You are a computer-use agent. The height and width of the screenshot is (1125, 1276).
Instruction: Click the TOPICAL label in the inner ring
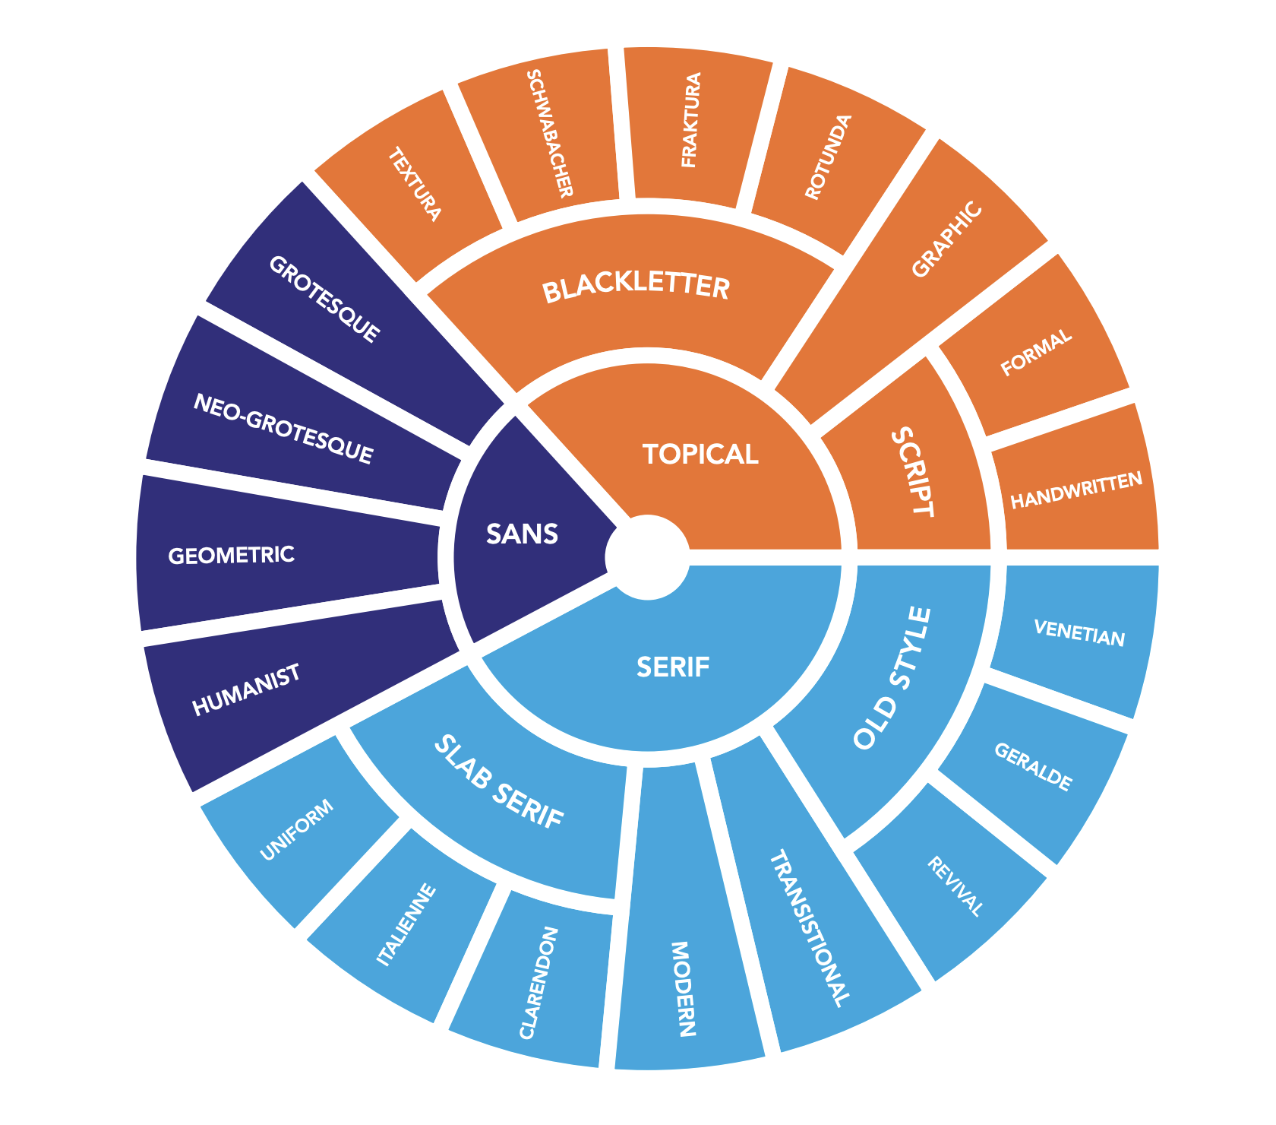(x=700, y=455)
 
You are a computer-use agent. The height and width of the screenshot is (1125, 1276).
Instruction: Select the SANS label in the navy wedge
(x=522, y=534)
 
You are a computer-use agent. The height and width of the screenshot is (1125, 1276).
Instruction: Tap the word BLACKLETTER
(x=636, y=289)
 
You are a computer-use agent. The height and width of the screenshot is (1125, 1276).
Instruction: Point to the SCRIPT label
(x=911, y=471)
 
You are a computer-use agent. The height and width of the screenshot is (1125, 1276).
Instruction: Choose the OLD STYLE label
(x=892, y=679)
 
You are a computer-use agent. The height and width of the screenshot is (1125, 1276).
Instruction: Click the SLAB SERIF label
(x=499, y=784)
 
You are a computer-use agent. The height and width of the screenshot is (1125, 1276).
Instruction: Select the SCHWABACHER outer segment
(x=547, y=133)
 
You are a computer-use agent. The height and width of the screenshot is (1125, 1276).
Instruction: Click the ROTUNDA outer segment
(x=829, y=157)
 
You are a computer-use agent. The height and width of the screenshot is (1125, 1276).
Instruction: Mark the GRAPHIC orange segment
(x=946, y=239)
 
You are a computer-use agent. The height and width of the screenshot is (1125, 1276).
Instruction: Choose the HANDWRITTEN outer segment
(x=1076, y=490)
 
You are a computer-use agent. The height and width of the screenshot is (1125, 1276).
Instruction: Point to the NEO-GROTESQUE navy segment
(x=283, y=429)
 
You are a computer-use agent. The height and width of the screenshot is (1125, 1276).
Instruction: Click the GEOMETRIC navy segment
(x=231, y=555)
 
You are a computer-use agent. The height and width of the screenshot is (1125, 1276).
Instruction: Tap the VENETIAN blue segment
(x=1079, y=632)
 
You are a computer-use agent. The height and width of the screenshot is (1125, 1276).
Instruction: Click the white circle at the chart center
(x=647, y=556)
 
